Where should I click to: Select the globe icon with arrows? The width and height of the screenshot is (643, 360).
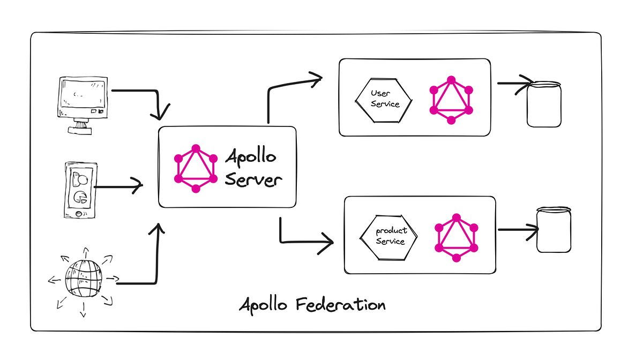click(x=83, y=279)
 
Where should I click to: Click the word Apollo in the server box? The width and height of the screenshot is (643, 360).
click(x=251, y=157)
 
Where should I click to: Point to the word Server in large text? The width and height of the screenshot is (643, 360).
click(x=253, y=179)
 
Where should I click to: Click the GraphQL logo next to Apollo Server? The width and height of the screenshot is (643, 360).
click(x=196, y=168)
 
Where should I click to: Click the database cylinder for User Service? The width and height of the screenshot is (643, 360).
click(x=544, y=104)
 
